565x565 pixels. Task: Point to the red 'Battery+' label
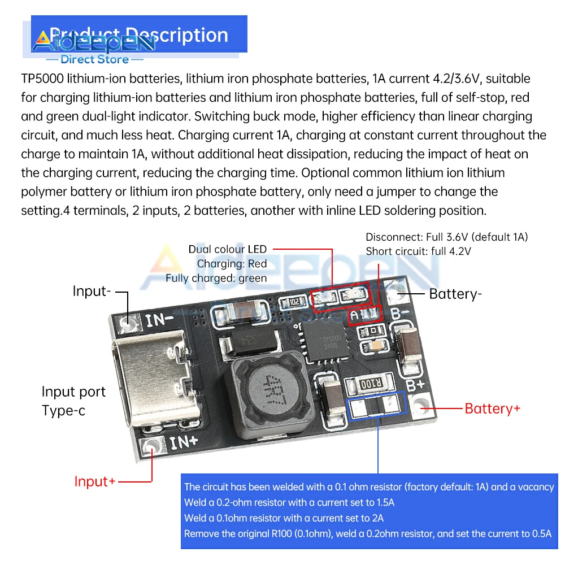point(492,408)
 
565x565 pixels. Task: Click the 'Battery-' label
point(455,294)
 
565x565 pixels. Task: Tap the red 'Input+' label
point(95,481)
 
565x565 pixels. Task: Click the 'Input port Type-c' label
point(73,401)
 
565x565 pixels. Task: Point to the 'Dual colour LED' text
point(227,249)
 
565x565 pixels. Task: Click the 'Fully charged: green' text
point(216,278)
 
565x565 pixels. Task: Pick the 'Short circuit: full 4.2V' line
point(418,251)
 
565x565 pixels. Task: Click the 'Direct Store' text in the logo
point(94,59)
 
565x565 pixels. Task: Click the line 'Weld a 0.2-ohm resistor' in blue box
point(289,502)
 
